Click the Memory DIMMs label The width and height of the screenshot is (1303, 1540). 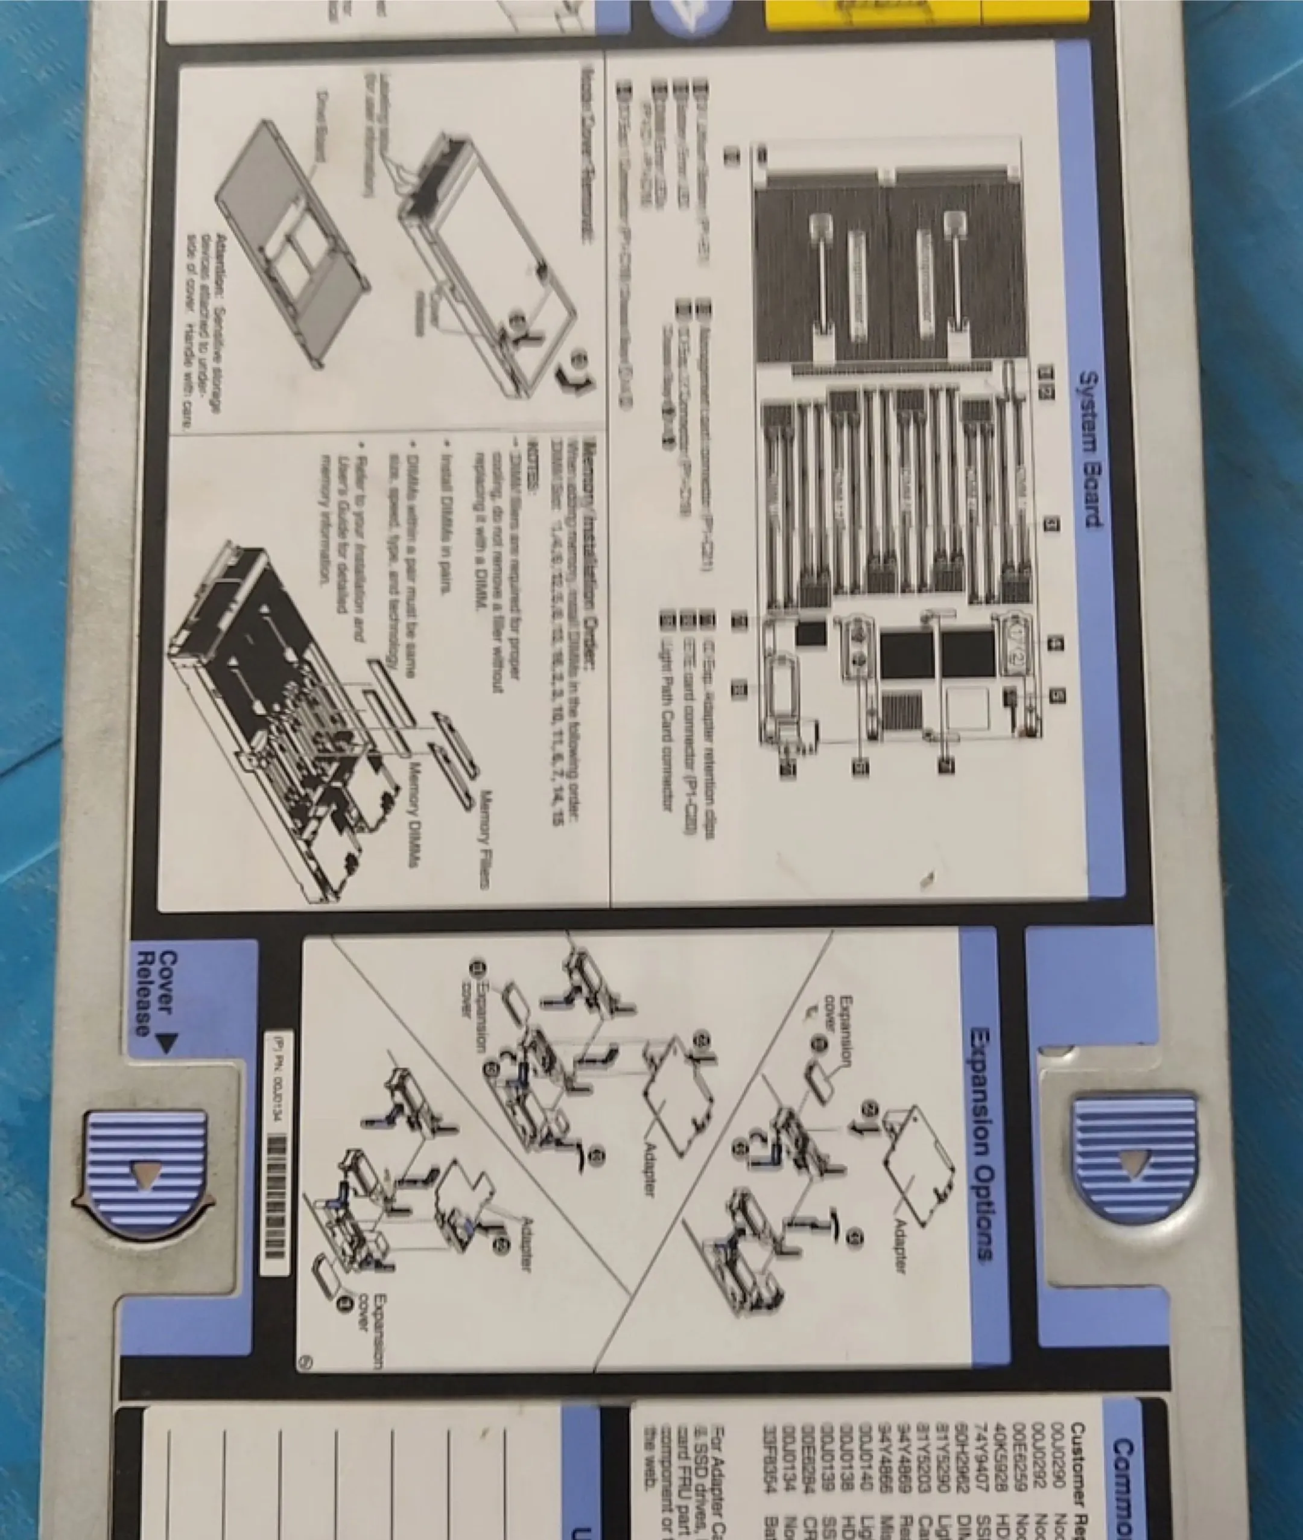click(413, 820)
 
